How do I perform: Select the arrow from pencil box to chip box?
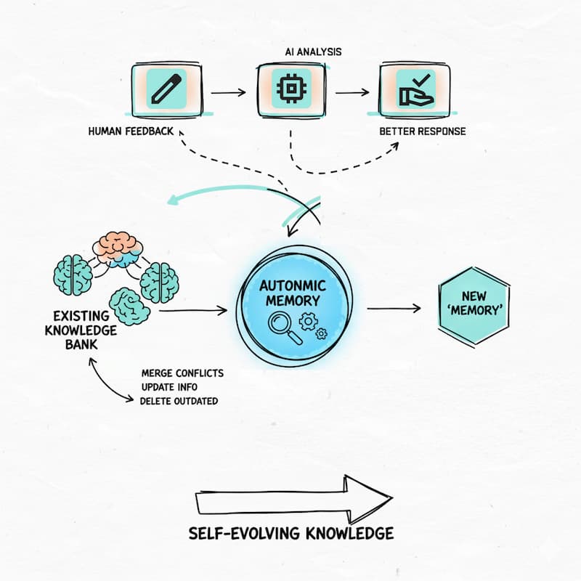228,92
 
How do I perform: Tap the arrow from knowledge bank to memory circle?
192,311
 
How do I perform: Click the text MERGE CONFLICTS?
182,373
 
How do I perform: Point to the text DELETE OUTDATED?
179,400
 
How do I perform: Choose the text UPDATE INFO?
169,387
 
